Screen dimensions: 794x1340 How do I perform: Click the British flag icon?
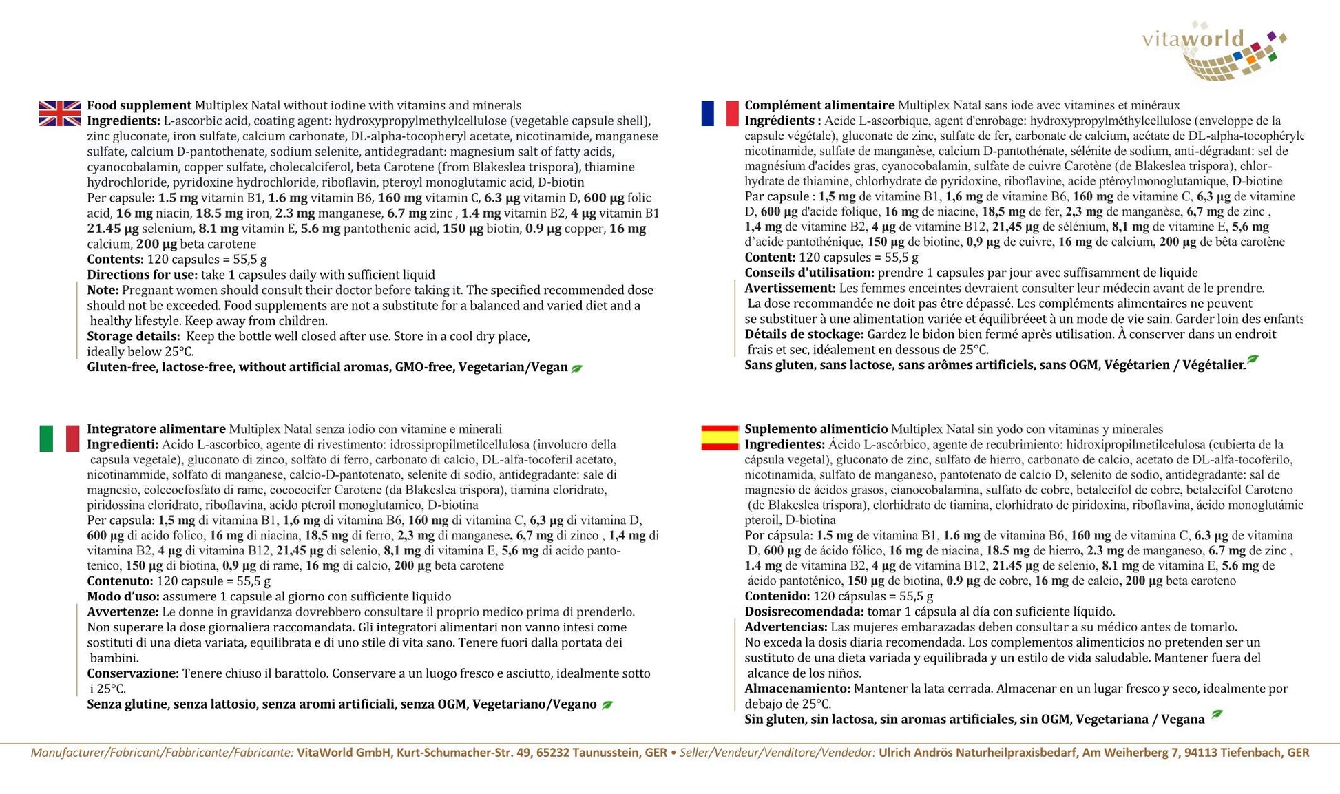coord(59,114)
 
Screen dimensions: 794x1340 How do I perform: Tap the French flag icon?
coord(720,114)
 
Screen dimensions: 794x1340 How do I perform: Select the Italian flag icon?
coord(59,439)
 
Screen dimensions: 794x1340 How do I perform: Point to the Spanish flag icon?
coord(720,439)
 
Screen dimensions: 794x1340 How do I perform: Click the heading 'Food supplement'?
coord(139,105)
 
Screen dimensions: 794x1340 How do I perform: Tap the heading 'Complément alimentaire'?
coord(819,105)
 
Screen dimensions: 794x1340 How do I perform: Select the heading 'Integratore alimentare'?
coord(156,429)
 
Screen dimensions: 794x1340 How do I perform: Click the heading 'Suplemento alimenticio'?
coord(816,429)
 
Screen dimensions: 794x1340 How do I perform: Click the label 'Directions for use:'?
coord(142,275)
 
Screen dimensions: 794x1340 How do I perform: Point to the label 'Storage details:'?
coord(134,337)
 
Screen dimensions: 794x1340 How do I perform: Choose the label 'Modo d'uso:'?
coord(123,596)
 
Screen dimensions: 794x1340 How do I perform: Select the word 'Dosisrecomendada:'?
coord(804,612)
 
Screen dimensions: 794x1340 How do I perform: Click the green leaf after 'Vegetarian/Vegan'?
coord(577,368)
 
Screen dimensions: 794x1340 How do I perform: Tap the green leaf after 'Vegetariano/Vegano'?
coord(607,705)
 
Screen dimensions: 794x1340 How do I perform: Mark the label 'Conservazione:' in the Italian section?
coord(133,673)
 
